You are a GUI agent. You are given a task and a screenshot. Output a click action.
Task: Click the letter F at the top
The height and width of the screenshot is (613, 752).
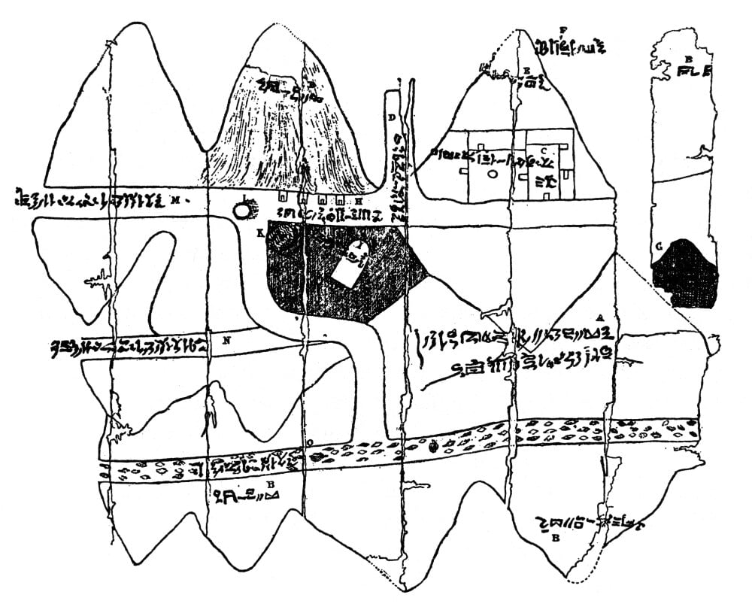(562, 30)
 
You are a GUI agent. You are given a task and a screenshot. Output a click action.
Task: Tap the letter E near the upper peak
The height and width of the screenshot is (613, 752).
(527, 69)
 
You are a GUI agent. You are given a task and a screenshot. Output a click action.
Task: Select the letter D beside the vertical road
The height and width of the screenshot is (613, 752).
(392, 117)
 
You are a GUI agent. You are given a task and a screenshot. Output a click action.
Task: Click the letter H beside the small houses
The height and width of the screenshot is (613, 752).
(359, 202)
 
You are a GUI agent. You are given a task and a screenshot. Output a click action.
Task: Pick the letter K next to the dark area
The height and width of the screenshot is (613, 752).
(260, 234)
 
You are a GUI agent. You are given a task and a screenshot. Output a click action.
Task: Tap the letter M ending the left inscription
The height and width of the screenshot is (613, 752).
(174, 200)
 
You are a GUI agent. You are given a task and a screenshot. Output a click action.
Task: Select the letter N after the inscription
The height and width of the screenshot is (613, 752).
(226, 340)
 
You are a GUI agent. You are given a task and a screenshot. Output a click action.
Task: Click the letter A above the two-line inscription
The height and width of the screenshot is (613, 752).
(599, 317)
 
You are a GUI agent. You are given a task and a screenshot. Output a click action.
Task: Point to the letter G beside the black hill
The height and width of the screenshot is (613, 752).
(659, 246)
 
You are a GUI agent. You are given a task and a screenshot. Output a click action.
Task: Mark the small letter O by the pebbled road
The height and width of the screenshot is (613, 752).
(311, 442)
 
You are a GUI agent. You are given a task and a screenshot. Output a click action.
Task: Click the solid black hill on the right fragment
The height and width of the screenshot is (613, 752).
(685, 272)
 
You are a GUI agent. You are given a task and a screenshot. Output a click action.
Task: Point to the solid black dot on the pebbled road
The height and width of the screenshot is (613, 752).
(433, 446)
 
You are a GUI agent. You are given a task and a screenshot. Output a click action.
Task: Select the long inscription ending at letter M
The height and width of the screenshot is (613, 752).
(90, 200)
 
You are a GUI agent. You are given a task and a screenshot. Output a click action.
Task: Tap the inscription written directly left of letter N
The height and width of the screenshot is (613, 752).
(128, 347)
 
